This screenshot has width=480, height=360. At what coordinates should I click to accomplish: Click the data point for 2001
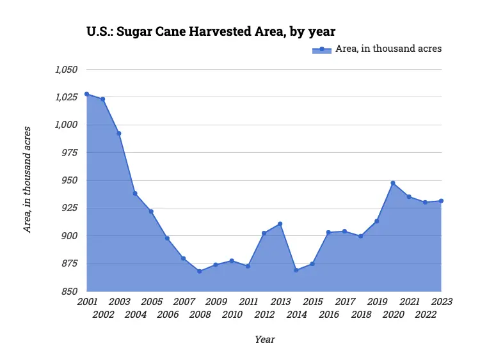click(86, 94)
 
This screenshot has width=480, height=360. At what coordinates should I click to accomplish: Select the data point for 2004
click(135, 193)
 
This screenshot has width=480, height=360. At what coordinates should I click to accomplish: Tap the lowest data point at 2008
click(200, 271)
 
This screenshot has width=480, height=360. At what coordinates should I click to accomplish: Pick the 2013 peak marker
click(280, 224)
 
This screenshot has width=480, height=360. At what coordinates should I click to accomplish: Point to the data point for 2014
click(296, 270)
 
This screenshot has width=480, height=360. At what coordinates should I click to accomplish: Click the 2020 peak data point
click(393, 183)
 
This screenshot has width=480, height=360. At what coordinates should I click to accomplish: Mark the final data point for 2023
click(441, 201)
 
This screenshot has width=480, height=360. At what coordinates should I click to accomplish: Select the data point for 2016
click(328, 233)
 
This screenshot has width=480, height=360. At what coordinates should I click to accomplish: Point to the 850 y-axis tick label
click(69, 292)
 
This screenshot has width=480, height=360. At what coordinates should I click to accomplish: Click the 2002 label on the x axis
click(103, 315)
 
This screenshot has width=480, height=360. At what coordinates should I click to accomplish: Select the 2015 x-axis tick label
click(312, 302)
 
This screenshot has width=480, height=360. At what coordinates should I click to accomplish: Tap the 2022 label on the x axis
click(425, 315)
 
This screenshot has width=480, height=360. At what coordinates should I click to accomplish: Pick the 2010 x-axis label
click(232, 315)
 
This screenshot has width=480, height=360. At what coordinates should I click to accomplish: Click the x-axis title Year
click(264, 340)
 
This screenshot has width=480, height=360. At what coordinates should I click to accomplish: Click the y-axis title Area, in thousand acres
click(28, 180)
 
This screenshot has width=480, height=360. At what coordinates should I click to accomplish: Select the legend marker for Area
click(322, 49)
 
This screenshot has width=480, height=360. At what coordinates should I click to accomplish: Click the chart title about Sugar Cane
click(211, 31)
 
